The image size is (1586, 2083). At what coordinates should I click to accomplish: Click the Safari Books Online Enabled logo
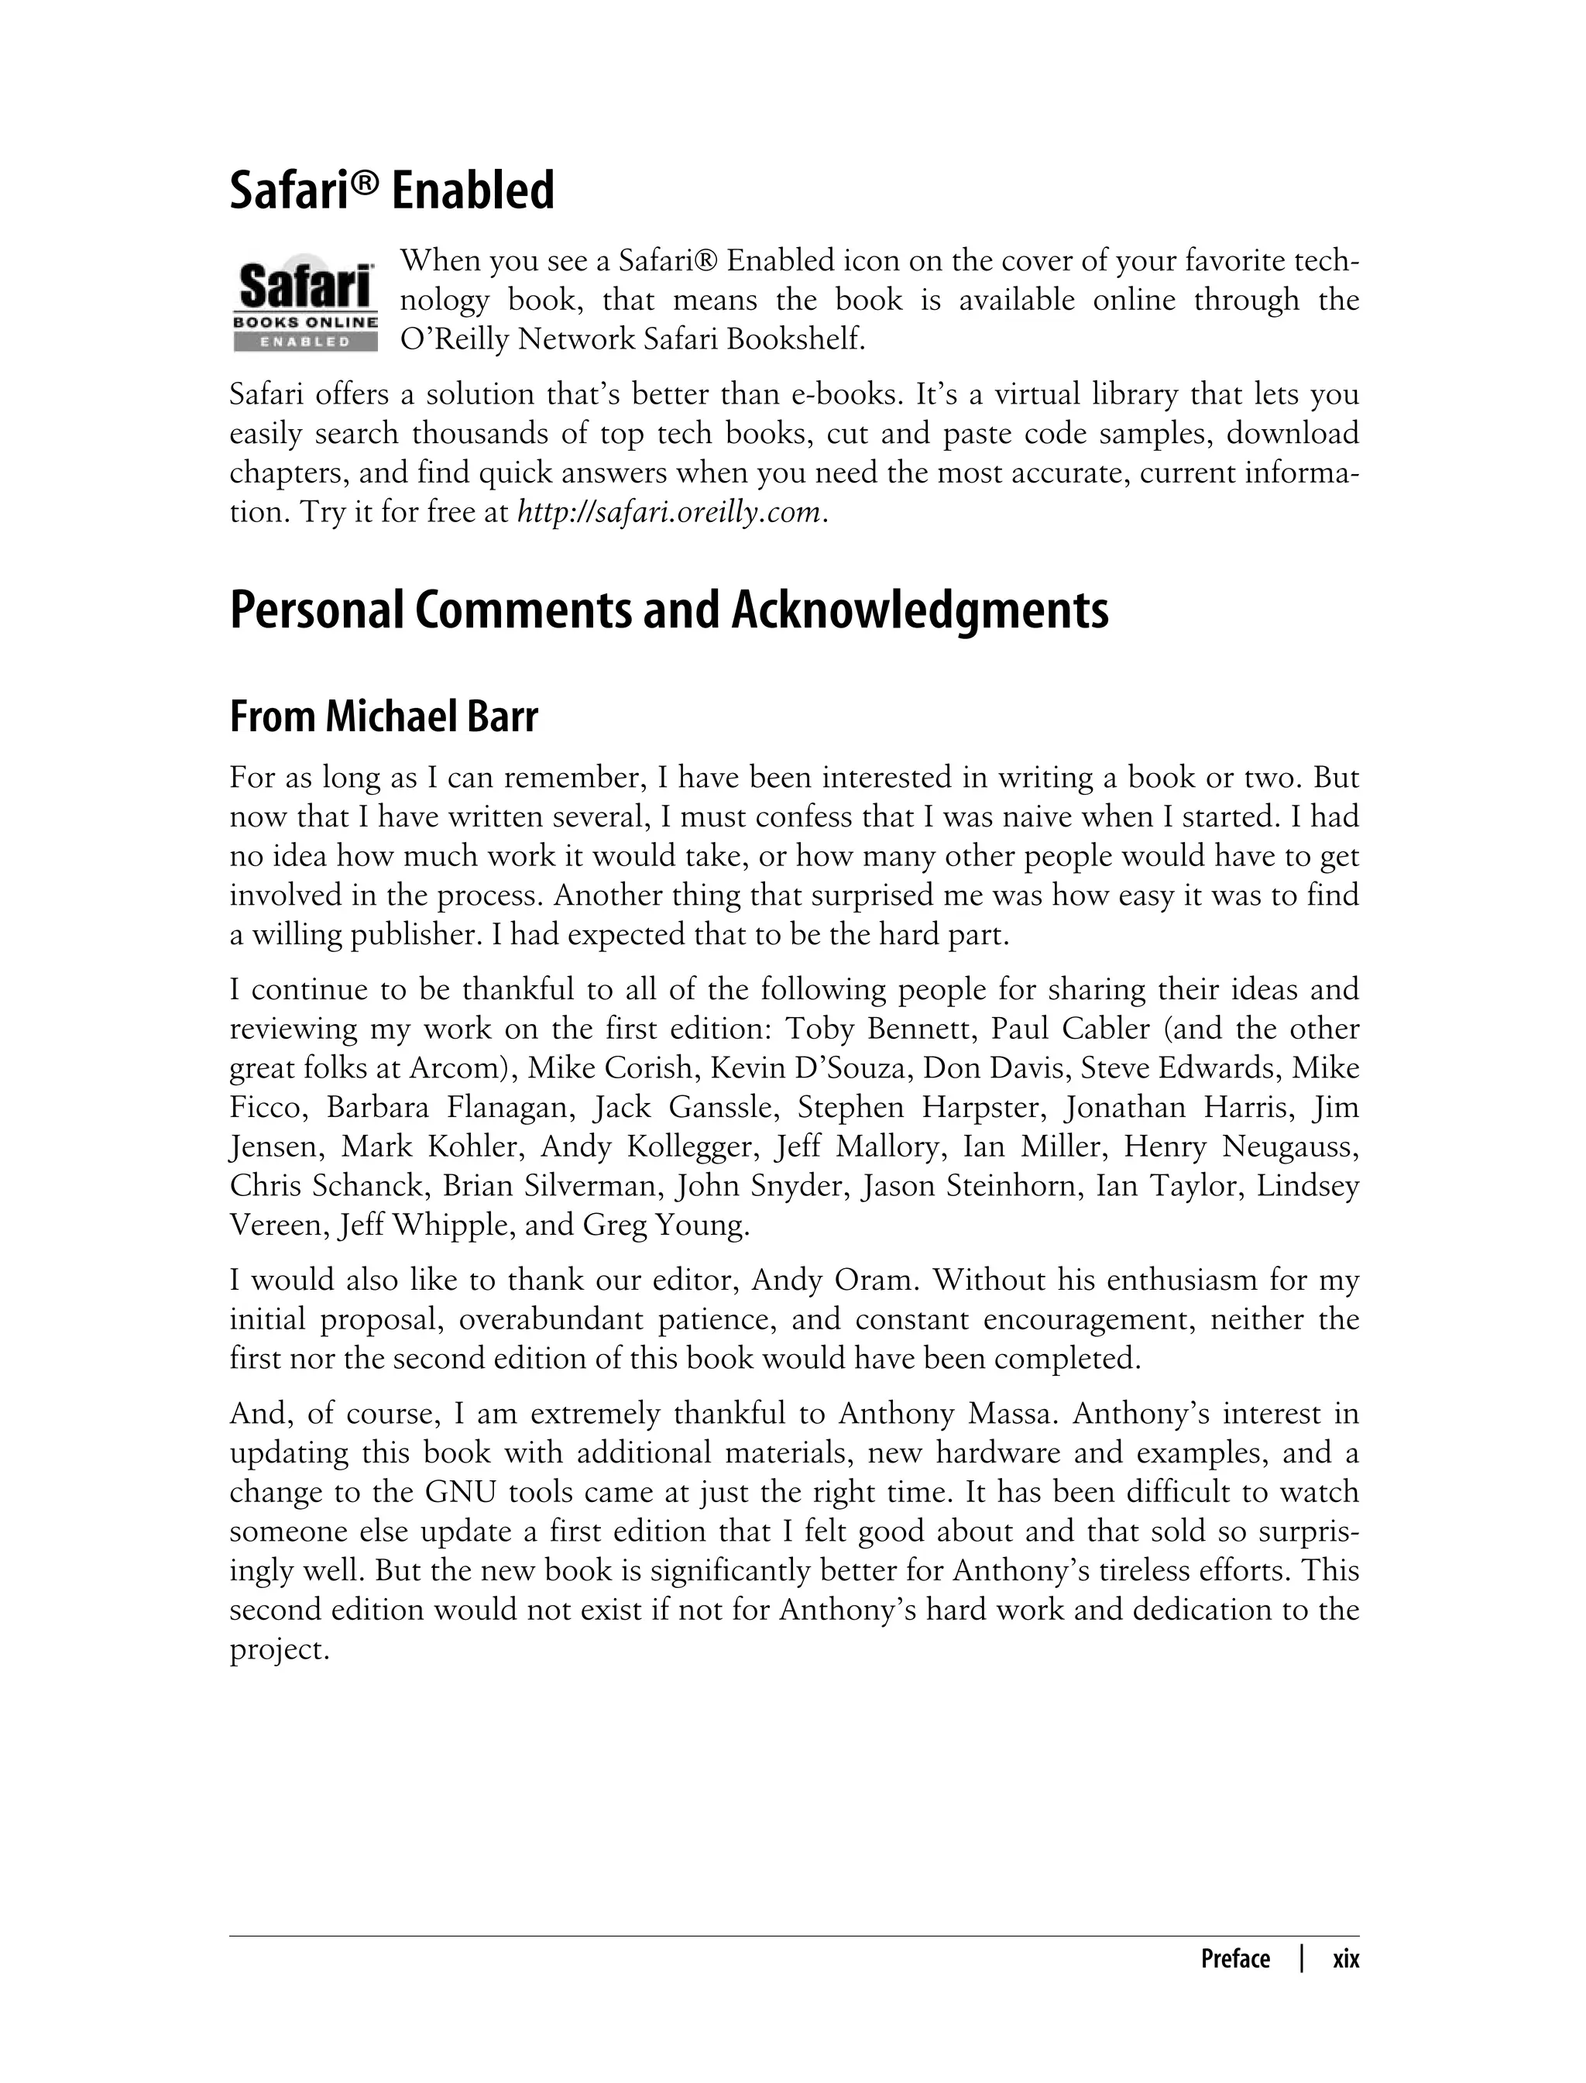305,301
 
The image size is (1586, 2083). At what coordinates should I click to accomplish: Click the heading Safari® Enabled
392,191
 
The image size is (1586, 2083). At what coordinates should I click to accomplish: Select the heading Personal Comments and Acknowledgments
668,610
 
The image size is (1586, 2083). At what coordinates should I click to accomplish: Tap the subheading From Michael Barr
383,717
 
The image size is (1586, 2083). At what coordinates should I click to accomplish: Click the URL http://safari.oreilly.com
669,513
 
